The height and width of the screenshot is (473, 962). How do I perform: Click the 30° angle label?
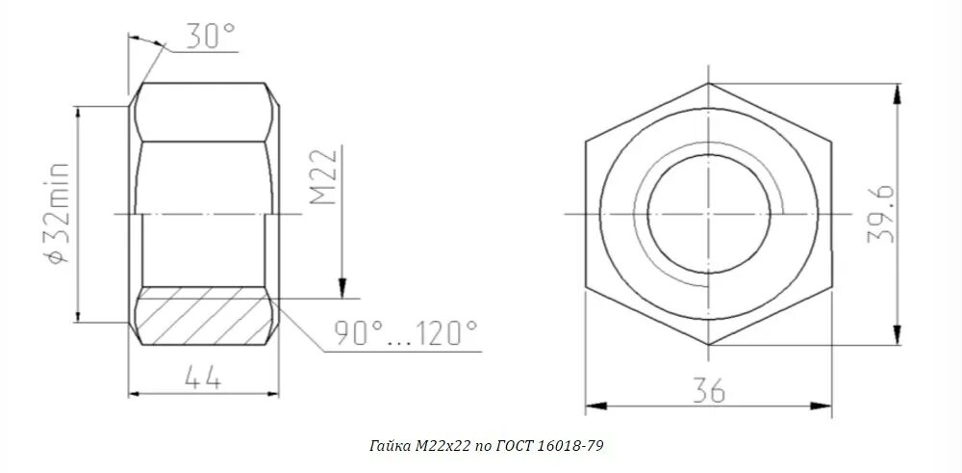[x=209, y=37]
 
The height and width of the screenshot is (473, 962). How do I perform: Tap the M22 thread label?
[x=324, y=177]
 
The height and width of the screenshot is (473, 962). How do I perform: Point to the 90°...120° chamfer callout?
[x=405, y=333]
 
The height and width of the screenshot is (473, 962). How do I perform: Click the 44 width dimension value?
[x=202, y=379]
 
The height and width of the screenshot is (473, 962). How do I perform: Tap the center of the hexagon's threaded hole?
[x=708, y=213]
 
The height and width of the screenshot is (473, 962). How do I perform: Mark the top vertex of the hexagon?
[x=709, y=83]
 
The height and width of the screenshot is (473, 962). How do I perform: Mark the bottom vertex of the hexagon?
[x=709, y=343]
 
